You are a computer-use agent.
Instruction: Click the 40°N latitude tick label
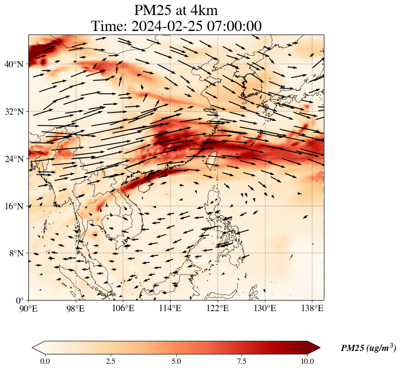(14, 64)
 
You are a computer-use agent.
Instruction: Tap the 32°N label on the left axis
(14, 112)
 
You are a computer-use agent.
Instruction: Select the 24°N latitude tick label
(14, 159)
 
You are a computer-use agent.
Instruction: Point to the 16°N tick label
(14, 206)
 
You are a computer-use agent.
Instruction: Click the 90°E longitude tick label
(29, 308)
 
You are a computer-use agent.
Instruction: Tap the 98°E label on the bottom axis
(76, 308)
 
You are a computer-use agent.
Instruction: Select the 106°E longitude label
(123, 308)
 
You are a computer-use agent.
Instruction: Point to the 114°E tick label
(170, 308)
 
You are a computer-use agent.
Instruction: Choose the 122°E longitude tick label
(218, 308)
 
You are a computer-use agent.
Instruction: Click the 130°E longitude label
(265, 308)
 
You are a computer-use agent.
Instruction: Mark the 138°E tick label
(312, 308)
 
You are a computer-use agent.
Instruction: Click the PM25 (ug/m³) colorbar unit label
(368, 348)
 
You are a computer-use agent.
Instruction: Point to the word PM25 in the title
(152, 10)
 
